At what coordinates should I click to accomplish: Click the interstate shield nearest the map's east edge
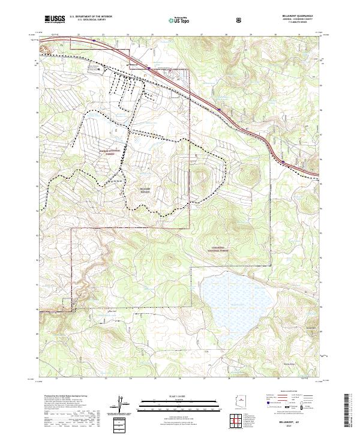coord(282,160)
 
